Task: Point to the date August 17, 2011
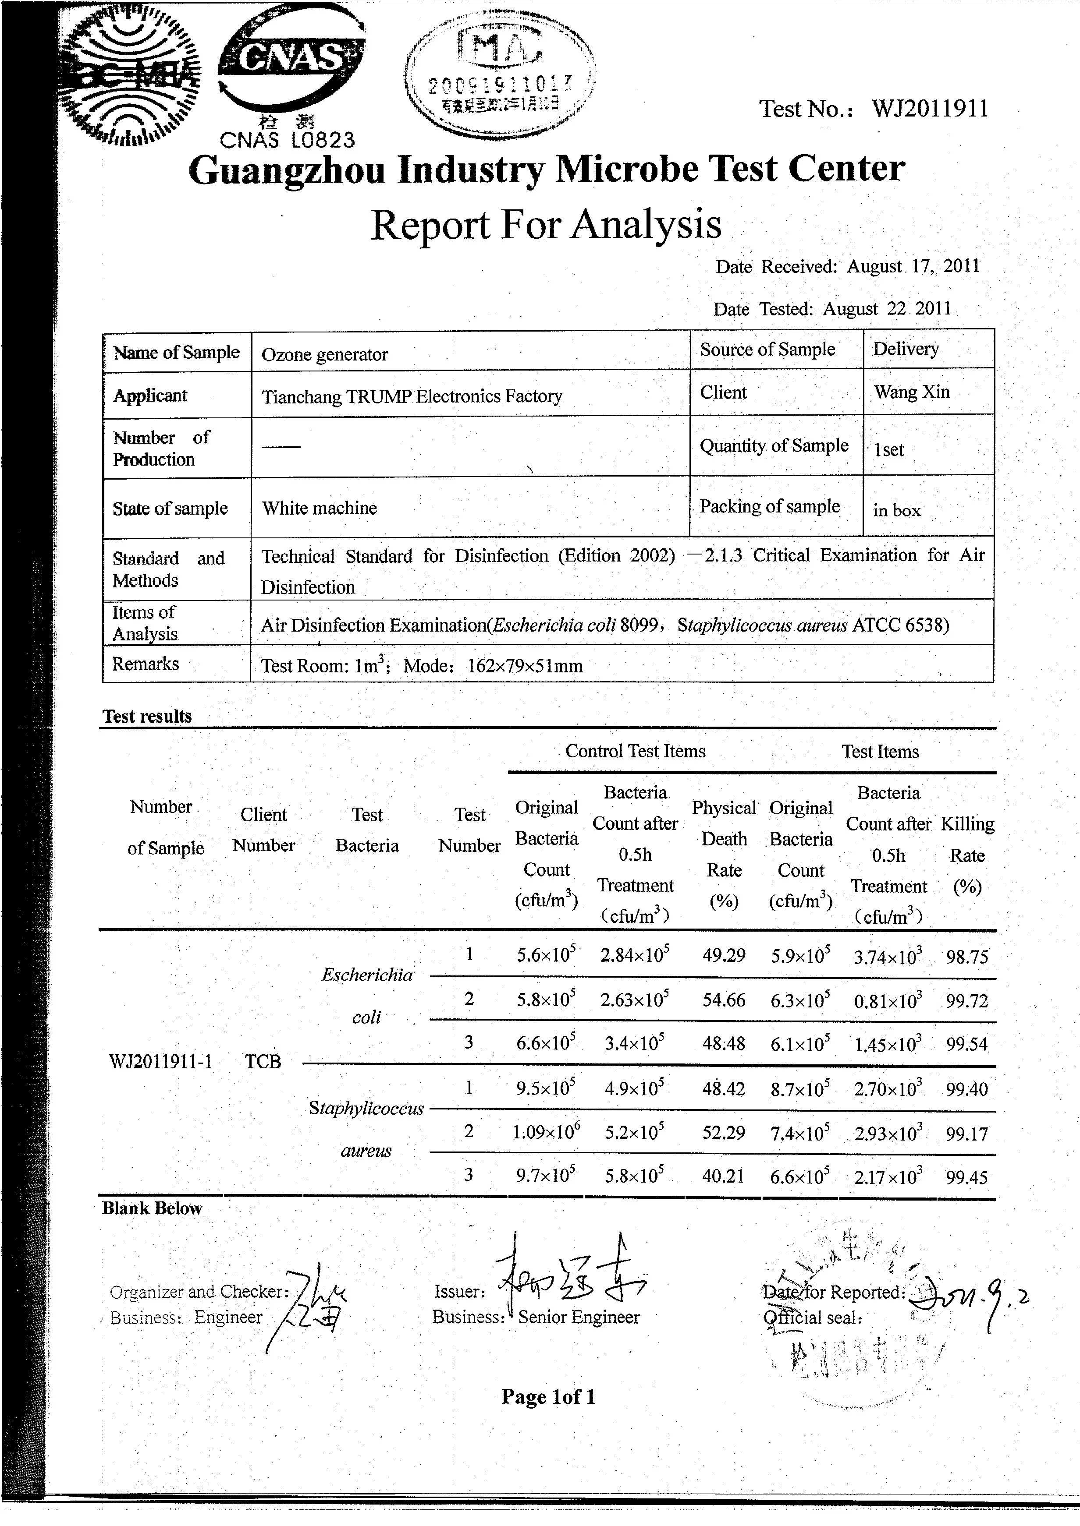pyautogui.click(x=913, y=266)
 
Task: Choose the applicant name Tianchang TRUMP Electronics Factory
pyautogui.click(x=412, y=397)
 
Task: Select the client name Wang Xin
pyautogui.click(x=911, y=392)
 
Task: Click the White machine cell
pyautogui.click(x=319, y=509)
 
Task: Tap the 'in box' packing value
pyautogui.click(x=896, y=510)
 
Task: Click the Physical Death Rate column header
pyautogui.click(x=724, y=854)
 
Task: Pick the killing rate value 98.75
pyautogui.click(x=967, y=957)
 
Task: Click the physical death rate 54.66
pyautogui.click(x=724, y=1000)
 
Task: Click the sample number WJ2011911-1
pyautogui.click(x=160, y=1061)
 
